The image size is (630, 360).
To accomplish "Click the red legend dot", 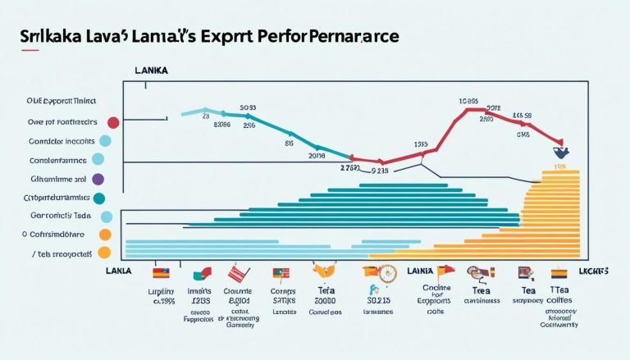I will click(x=113, y=123).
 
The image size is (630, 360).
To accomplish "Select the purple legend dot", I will click(x=98, y=178).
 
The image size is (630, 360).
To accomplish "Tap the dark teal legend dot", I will click(x=99, y=198).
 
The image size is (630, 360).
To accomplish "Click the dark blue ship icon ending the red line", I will click(x=561, y=151).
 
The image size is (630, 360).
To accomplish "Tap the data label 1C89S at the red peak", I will click(x=469, y=103).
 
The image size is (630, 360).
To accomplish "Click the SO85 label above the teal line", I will click(x=249, y=107).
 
